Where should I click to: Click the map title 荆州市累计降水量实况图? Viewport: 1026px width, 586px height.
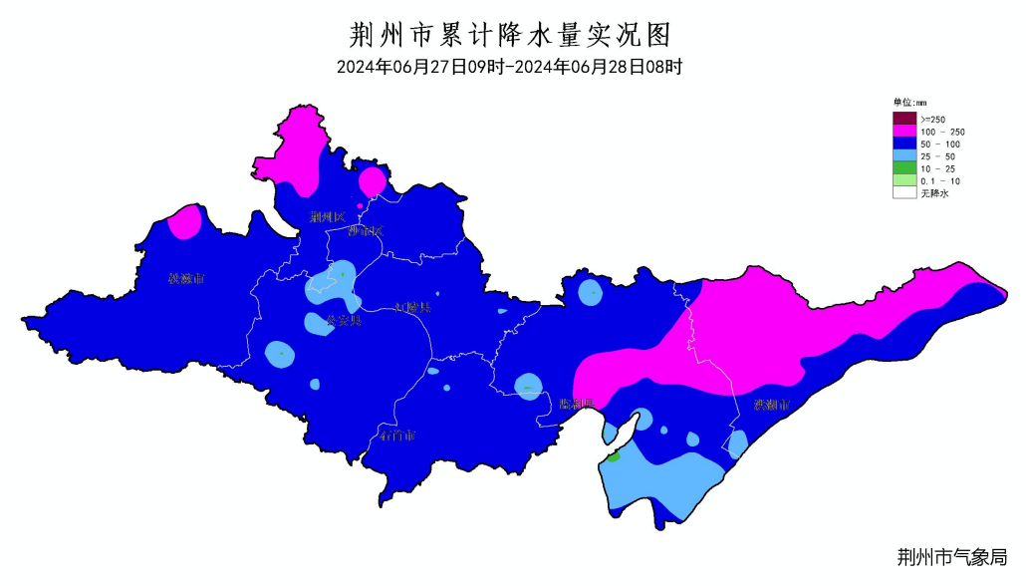(512, 35)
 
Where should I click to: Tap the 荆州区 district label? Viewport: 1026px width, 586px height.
(326, 216)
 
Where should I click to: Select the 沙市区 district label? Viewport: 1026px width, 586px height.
(365, 231)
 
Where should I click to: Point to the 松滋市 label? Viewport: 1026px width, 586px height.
(186, 278)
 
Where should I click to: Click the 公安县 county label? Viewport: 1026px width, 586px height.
(344, 321)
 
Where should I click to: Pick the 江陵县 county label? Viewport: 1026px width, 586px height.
(412, 307)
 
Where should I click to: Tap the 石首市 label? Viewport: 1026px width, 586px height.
(397, 436)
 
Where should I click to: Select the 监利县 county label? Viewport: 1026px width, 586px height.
(577, 404)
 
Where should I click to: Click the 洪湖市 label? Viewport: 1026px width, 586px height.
(772, 406)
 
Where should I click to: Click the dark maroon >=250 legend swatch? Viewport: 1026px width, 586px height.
(903, 119)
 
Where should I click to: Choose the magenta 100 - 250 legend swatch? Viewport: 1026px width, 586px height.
(903, 132)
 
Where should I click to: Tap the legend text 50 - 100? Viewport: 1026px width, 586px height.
(940, 145)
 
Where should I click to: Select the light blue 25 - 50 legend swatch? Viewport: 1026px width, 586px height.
(903, 156)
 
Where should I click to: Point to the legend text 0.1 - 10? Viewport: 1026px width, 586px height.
(939, 181)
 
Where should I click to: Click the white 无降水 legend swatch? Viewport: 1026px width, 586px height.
(903, 193)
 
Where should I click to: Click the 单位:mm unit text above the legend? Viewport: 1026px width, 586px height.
(909, 102)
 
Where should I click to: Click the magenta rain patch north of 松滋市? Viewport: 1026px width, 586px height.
(184, 222)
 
